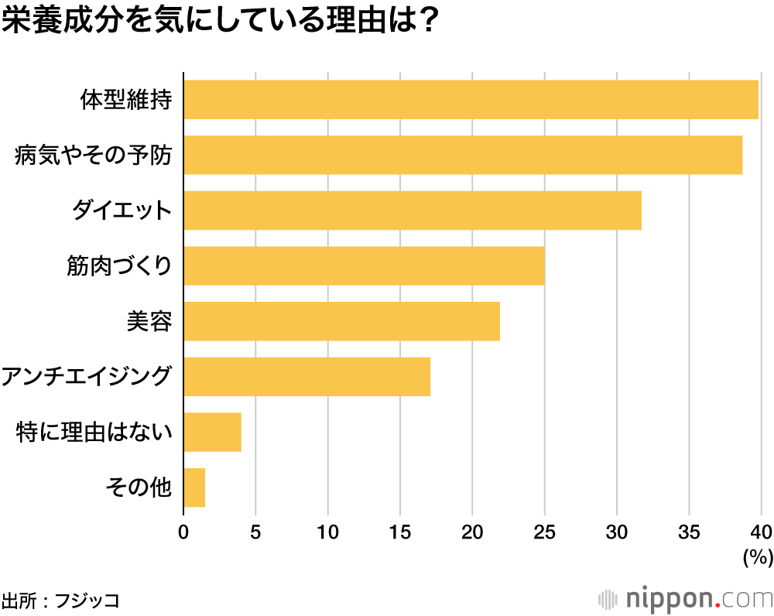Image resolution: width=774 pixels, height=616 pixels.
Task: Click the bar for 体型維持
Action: [x=471, y=99]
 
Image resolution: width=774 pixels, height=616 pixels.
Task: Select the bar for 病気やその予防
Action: [x=463, y=155]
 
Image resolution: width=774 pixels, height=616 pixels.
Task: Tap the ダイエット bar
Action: [x=413, y=210]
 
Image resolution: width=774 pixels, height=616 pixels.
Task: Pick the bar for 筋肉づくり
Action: [x=364, y=266]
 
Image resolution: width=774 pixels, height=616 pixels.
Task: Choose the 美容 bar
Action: [x=341, y=321]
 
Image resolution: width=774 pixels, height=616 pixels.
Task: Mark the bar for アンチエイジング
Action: [x=307, y=377]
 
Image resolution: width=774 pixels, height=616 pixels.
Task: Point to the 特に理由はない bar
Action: [x=212, y=432]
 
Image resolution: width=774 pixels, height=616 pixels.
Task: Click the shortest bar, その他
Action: [x=194, y=488]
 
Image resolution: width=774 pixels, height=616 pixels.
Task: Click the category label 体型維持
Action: [x=125, y=100]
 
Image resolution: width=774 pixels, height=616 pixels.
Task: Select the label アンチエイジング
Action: [x=86, y=377]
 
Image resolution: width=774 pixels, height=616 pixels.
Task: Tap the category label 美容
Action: [x=149, y=321]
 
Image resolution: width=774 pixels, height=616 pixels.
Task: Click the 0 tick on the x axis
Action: [x=183, y=532]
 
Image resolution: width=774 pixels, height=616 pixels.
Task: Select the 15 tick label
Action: [x=399, y=532]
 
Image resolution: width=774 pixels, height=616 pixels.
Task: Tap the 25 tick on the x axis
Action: [x=544, y=532]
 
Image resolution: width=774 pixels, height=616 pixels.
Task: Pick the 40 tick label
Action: [x=761, y=532]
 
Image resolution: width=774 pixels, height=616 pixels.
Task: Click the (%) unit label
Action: [x=758, y=556]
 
